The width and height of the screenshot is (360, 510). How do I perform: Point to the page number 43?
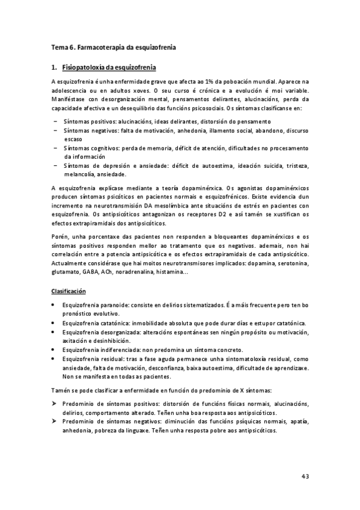pos(305,476)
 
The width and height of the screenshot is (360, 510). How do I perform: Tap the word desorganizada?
pos(121,332)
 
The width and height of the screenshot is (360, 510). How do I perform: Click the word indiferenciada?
pos(122,349)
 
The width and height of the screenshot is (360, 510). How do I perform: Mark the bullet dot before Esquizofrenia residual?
pos(55,358)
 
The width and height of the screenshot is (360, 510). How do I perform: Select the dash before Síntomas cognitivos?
pos(55,147)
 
